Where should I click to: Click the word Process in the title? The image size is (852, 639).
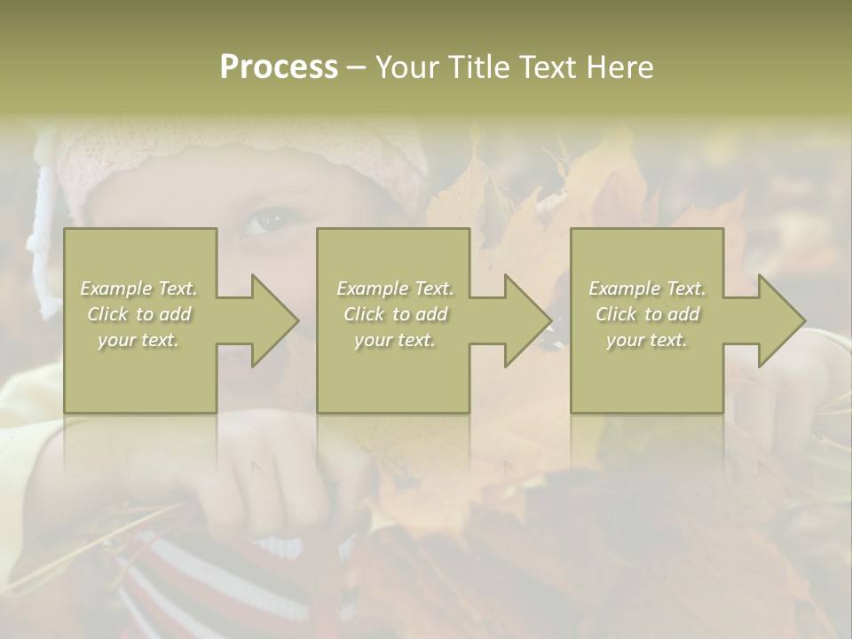(279, 67)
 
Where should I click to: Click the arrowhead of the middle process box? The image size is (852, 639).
(527, 320)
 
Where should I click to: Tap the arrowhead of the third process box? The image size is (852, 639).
(781, 320)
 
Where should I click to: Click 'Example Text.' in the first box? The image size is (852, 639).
(138, 288)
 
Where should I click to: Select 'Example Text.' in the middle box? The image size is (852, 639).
(395, 288)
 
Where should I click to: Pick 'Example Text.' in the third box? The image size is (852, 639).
(647, 288)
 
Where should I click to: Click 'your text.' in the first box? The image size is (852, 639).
(138, 340)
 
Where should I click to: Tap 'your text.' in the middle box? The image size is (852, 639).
(395, 340)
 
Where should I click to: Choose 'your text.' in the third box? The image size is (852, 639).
(647, 340)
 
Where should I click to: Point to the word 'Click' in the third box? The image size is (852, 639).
(616, 314)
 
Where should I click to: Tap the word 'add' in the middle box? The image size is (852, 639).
(431, 314)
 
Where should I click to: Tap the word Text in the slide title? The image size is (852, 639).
(546, 67)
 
